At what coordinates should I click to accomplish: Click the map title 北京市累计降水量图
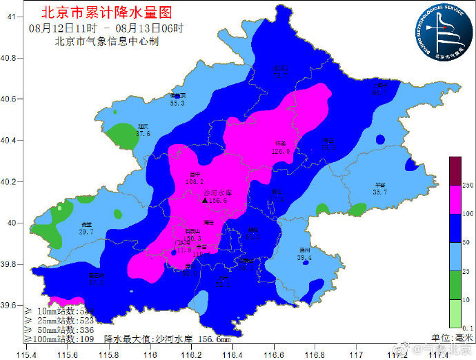click(x=107, y=12)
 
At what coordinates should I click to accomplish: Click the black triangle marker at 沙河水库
click(x=205, y=200)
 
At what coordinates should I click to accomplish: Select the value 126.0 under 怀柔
click(x=280, y=151)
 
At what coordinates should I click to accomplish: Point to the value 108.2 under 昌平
click(x=195, y=182)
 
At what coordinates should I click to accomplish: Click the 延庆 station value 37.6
click(x=143, y=134)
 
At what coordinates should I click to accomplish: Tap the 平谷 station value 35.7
click(x=379, y=192)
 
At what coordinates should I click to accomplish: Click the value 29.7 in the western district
click(x=86, y=232)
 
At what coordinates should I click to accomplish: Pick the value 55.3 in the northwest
click(x=177, y=103)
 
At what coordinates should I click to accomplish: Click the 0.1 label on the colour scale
click(x=467, y=328)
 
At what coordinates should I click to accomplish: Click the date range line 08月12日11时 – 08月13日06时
click(x=107, y=28)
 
